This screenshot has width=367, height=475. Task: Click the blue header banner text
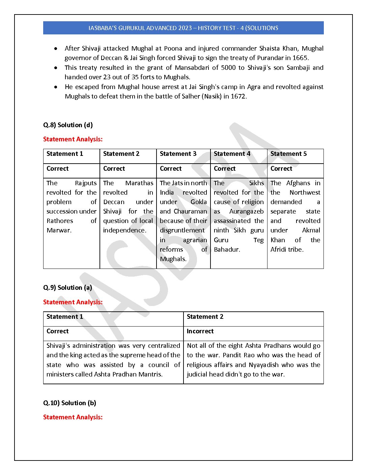click(183, 28)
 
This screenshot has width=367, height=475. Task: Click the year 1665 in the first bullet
click(300, 58)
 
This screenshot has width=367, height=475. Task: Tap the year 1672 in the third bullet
click(238, 96)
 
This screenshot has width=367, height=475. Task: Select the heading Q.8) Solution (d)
click(68, 125)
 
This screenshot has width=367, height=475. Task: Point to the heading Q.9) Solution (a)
click(67, 288)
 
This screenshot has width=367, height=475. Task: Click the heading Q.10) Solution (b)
click(69, 403)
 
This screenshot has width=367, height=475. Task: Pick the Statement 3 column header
click(178, 154)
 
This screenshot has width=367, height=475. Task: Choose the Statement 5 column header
click(288, 154)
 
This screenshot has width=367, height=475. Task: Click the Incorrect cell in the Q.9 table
click(200, 331)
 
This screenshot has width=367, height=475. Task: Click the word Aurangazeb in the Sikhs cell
click(246, 212)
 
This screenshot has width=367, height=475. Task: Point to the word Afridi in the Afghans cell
click(278, 250)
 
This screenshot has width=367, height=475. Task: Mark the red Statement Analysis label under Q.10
click(73, 417)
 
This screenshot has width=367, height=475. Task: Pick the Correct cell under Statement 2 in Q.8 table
click(114, 169)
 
